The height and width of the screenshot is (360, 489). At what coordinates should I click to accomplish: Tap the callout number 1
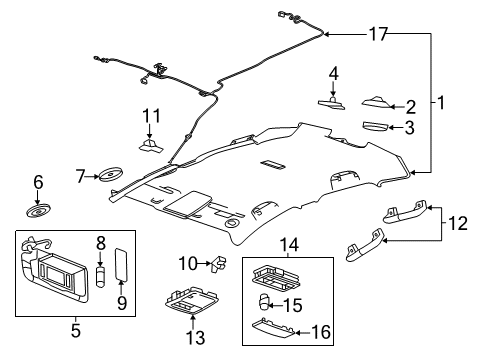[x=441, y=102]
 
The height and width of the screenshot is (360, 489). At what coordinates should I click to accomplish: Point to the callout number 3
[x=409, y=128]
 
